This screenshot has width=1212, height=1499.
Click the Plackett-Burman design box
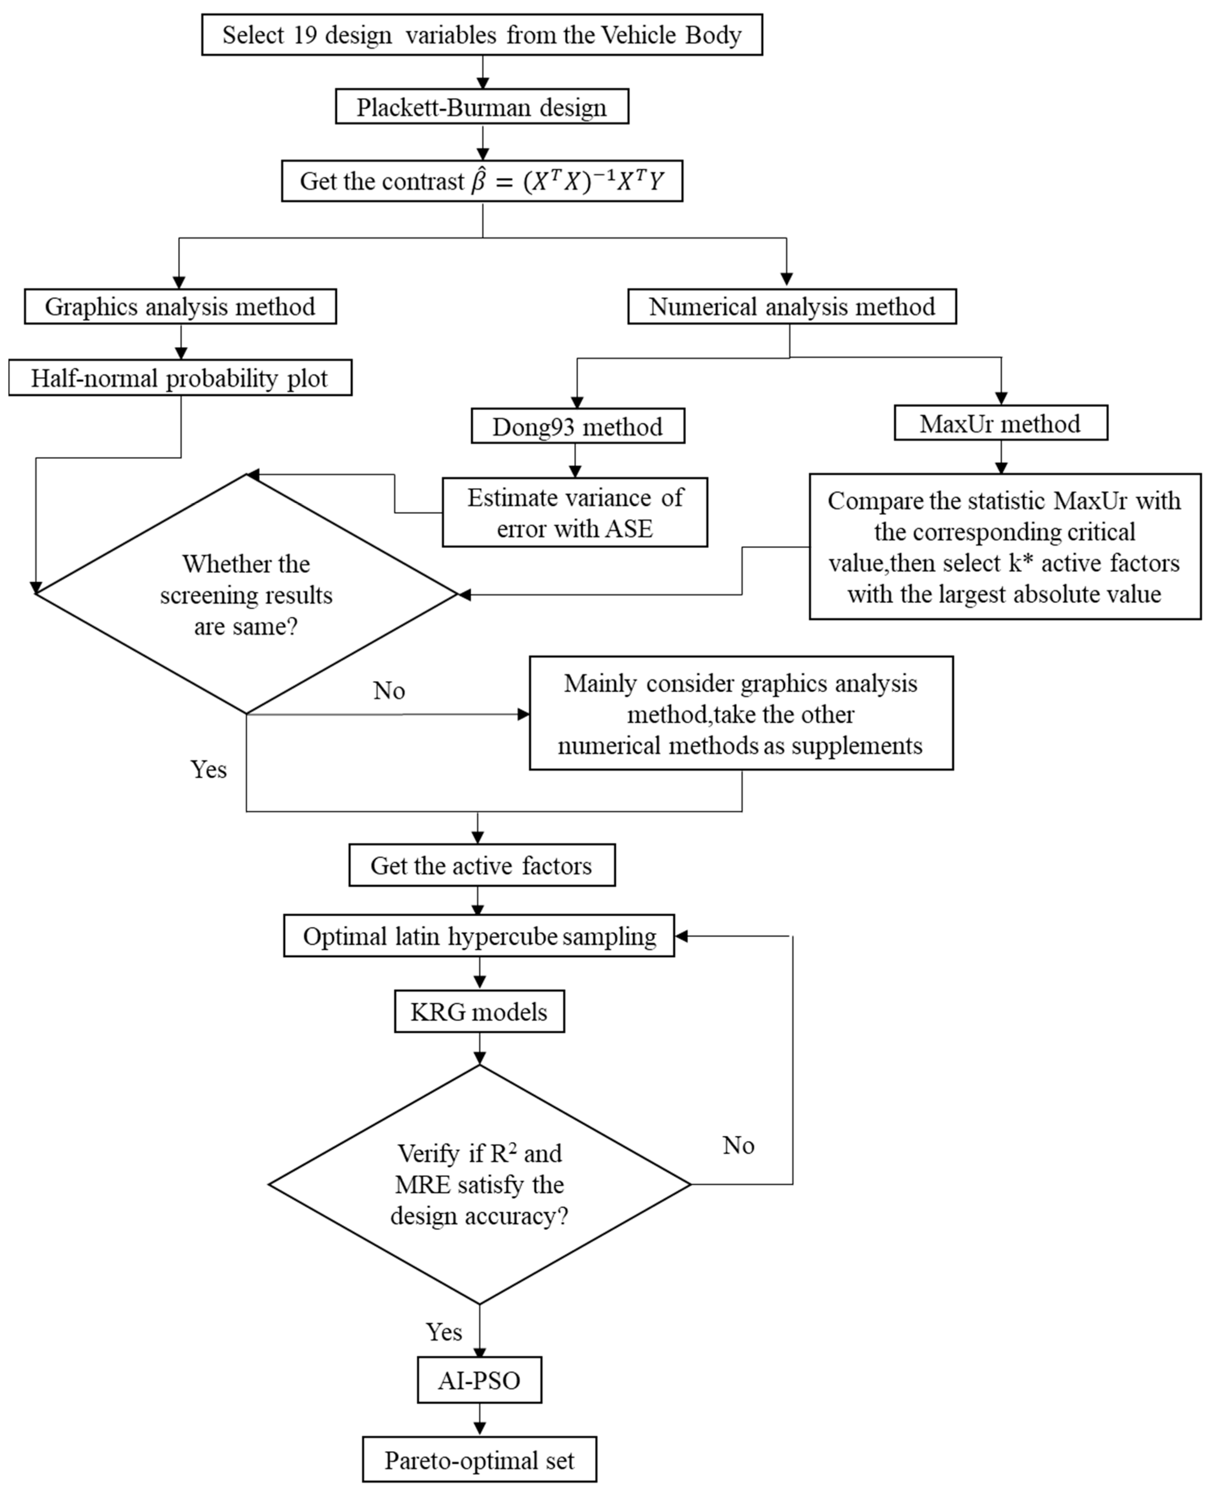coord(482,107)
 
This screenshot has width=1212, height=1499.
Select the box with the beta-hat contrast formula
coord(482,181)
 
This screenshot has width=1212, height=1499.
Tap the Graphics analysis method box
coord(180,307)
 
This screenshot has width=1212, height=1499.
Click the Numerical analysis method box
coord(792,307)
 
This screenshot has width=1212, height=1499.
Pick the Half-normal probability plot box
coord(180,378)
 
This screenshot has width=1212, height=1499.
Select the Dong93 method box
coord(577,426)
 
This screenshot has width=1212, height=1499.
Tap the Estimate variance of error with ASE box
coord(575,512)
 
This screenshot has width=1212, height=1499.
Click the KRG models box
coord(479,1011)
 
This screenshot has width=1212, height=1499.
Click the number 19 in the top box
coord(305,35)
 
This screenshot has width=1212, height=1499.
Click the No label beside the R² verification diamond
coord(738,1145)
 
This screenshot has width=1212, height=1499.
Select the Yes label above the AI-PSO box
coord(444,1332)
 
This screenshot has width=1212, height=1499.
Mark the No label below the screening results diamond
coord(389,691)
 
